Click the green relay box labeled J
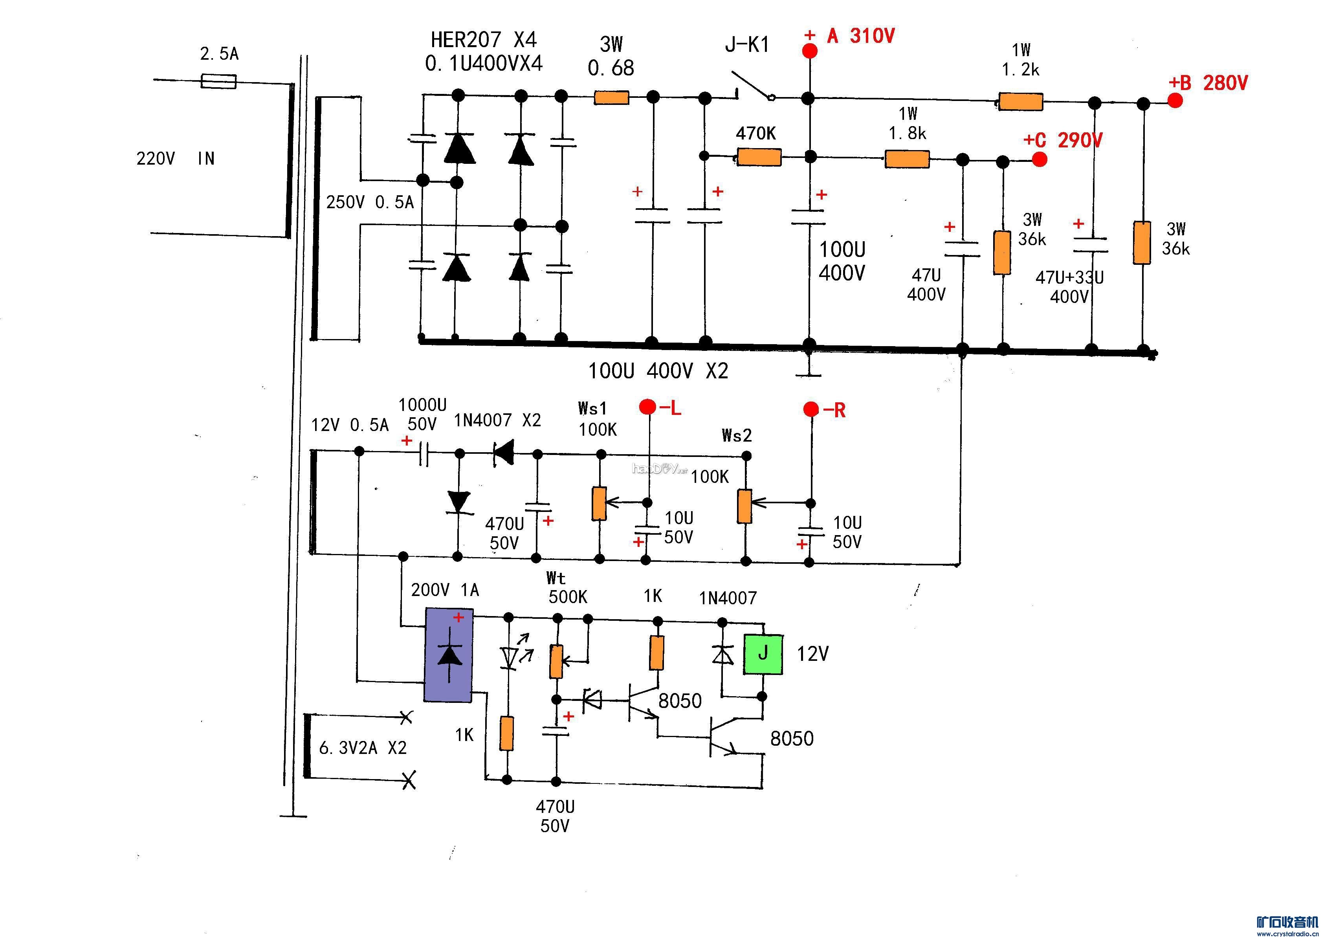[763, 654]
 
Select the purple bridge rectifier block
[449, 655]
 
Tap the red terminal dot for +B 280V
[1175, 101]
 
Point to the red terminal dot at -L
[647, 407]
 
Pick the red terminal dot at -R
[811, 409]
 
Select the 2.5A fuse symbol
[218, 81]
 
